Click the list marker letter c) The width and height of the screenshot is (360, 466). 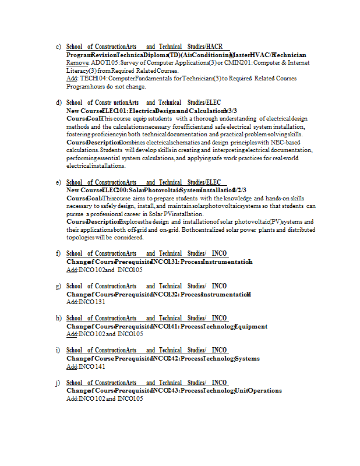pyautogui.click(x=58, y=47)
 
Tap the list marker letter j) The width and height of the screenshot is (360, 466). pyautogui.click(x=58, y=383)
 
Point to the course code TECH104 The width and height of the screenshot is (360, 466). pyautogui.click(x=94, y=78)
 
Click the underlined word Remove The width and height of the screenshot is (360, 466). pyautogui.click(x=77, y=62)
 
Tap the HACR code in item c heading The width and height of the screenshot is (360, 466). pyautogui.click(x=214, y=47)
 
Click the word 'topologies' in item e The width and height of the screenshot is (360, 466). pyautogui.click(x=80, y=238)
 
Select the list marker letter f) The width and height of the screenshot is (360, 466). pyautogui.click(x=58, y=253)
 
